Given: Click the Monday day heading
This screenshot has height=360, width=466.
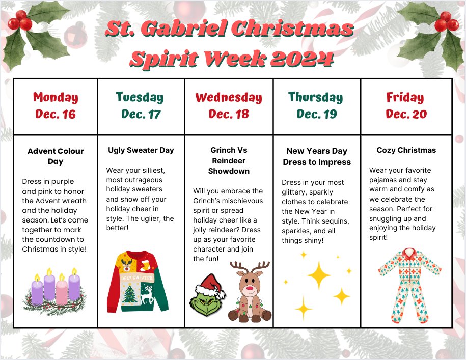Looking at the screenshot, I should point(56,97).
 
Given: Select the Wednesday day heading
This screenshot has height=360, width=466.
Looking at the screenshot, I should point(229,97).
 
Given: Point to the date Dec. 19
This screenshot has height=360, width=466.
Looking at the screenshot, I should point(317,114).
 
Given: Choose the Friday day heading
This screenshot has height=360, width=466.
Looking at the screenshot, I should point(405,97).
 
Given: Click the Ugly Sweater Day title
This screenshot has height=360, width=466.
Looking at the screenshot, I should point(141,150).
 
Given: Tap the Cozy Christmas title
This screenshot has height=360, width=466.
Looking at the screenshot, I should point(406,150).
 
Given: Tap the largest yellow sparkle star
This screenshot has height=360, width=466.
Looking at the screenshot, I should point(319,275).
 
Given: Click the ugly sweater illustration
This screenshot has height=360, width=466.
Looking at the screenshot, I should point(137,282).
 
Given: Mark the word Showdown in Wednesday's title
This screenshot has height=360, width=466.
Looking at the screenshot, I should point(229,171).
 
